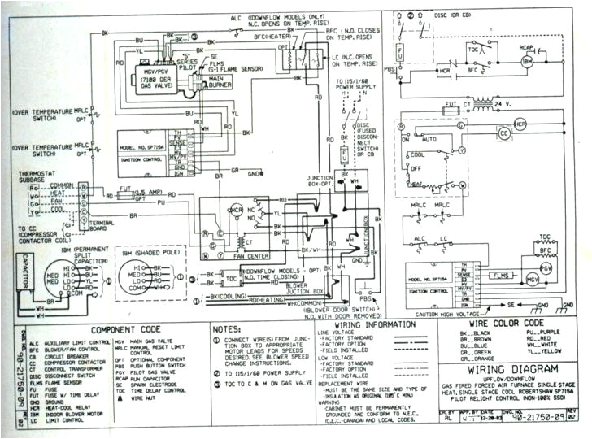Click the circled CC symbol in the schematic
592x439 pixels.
click(x=503, y=132)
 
